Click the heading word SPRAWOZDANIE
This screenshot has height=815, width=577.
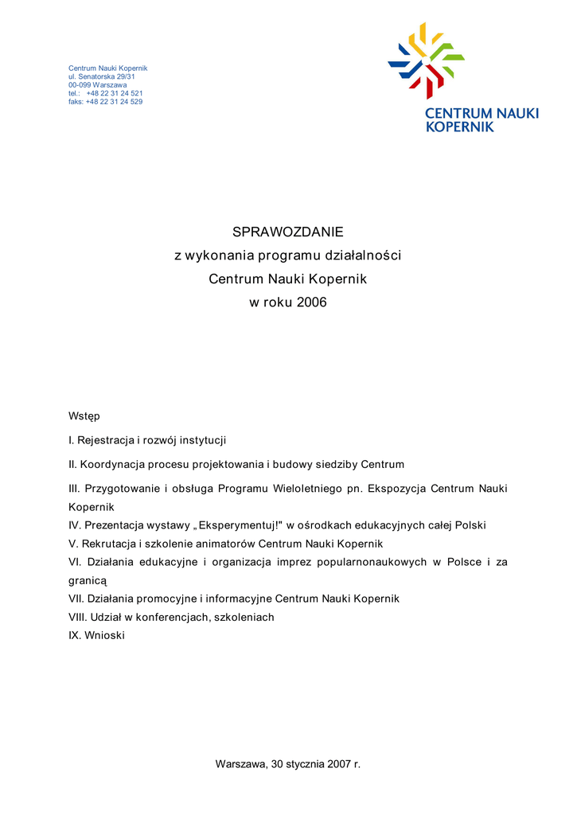(x=287, y=232)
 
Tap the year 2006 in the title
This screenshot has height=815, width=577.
(x=312, y=303)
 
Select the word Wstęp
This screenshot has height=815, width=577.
(x=84, y=415)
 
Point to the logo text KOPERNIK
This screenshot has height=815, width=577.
(x=460, y=127)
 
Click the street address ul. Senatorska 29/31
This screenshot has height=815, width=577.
(x=102, y=76)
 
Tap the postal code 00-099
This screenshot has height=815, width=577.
(x=80, y=85)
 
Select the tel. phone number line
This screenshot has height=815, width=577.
(x=106, y=93)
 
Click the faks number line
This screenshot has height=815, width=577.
(x=106, y=102)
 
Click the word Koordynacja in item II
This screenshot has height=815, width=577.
(x=113, y=465)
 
